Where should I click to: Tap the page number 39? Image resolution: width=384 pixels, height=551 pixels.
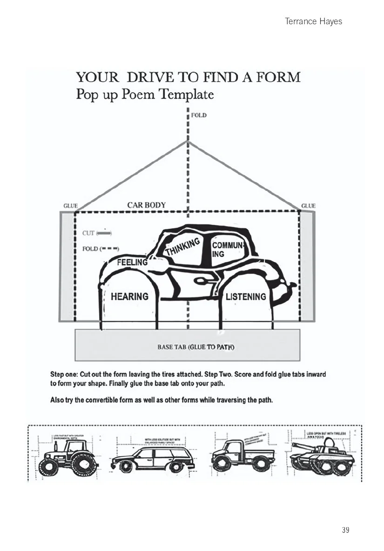point(345,530)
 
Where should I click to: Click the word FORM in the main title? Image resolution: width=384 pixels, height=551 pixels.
point(276,77)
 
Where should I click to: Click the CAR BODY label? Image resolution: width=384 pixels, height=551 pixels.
point(146,205)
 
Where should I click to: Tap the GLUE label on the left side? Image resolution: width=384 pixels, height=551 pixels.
point(70,206)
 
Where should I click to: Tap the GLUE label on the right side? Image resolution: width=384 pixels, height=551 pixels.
point(308,206)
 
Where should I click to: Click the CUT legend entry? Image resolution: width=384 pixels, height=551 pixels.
point(95,233)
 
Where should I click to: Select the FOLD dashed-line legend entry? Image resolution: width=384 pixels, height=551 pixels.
point(100,248)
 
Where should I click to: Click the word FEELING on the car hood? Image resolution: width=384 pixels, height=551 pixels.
point(132,262)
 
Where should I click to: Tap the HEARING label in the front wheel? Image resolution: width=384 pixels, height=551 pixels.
point(129,296)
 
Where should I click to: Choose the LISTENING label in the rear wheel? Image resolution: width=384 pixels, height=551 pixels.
point(246,296)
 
